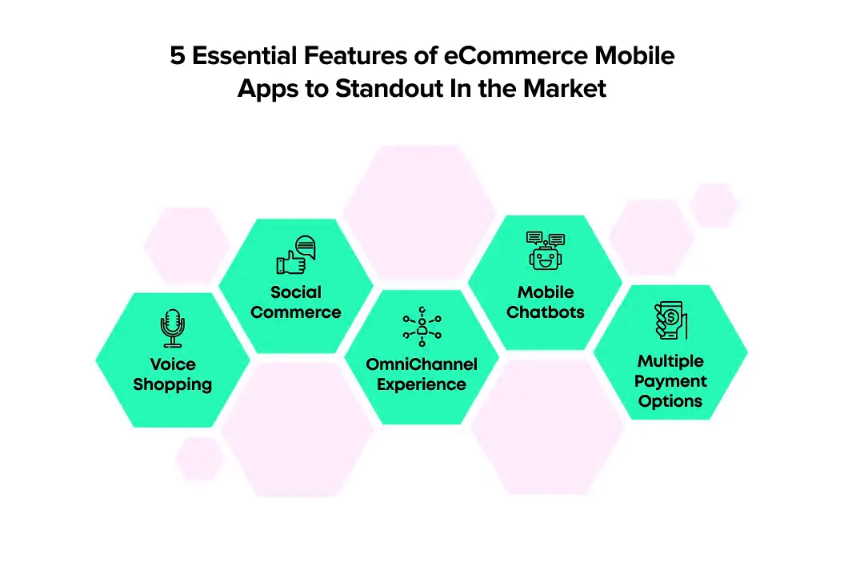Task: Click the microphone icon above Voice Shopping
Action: coord(172,328)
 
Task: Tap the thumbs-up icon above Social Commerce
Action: coord(296,255)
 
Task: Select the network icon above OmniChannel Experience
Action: coord(422,327)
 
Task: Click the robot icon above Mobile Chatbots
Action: coord(546,251)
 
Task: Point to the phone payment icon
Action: coord(670,320)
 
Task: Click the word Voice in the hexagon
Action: coord(173,364)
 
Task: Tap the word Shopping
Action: coord(172,384)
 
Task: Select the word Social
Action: coord(296,292)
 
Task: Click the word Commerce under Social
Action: coord(296,312)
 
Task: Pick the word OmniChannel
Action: coord(422,364)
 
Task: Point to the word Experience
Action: coord(422,384)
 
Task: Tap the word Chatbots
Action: coord(546,312)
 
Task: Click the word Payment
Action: coord(670,381)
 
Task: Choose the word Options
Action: coord(670,401)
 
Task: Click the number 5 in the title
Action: coord(178,55)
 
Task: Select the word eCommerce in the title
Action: coord(515,55)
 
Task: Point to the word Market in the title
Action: coord(565,88)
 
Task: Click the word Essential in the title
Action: coord(244,55)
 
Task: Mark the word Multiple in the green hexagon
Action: coord(670,361)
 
